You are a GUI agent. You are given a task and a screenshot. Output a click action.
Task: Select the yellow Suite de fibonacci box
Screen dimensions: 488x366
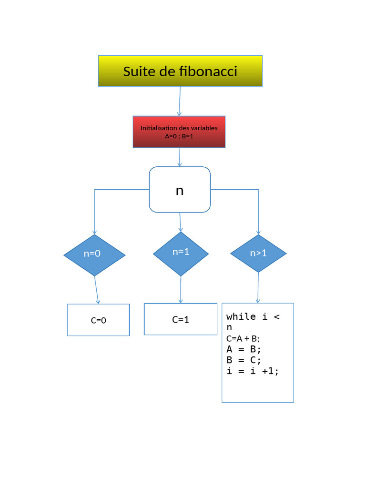click(x=180, y=71)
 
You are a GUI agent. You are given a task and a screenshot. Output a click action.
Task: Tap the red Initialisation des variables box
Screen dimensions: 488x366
click(x=179, y=132)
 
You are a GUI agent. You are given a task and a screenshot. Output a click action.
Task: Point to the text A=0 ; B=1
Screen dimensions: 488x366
click(x=179, y=136)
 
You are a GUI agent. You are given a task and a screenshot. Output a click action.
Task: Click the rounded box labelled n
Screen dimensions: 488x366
click(x=180, y=190)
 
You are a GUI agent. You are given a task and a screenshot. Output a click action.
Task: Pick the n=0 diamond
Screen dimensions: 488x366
click(x=94, y=254)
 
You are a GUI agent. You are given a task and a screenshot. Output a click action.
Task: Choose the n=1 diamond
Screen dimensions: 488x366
click(x=181, y=254)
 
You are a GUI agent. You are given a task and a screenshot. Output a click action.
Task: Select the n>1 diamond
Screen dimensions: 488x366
click(x=258, y=254)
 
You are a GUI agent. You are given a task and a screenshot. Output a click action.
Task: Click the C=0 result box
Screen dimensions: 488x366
click(x=98, y=320)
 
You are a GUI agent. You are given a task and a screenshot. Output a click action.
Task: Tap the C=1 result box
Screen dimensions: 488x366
click(x=181, y=320)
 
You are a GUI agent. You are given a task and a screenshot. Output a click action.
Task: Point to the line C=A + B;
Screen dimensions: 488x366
click(x=243, y=339)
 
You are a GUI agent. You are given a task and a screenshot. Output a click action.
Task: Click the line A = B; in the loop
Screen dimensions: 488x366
click(x=244, y=349)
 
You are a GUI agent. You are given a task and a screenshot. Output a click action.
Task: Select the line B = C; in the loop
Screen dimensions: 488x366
click(x=244, y=360)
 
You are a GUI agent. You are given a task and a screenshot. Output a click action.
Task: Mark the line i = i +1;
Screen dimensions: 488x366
click(x=253, y=371)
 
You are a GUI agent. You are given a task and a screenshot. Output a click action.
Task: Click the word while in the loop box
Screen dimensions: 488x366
click(x=241, y=317)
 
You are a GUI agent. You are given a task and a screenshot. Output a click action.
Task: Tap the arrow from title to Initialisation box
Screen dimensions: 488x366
click(x=180, y=101)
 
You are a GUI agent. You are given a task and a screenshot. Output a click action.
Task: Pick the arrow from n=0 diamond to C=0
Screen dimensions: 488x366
click(x=97, y=290)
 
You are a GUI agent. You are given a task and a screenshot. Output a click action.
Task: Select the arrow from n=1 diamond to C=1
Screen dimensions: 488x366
click(x=181, y=289)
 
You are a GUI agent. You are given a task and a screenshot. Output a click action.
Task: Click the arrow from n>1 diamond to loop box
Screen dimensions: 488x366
click(x=258, y=287)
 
